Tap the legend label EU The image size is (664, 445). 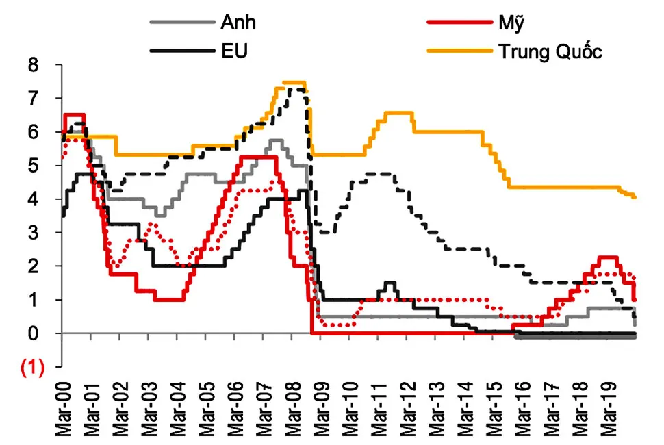click(x=234, y=51)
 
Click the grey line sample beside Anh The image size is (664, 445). click(x=179, y=22)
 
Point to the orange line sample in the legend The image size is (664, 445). click(x=455, y=51)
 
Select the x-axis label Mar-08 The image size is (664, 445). click(x=293, y=411)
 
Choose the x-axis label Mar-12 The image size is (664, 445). click(x=408, y=411)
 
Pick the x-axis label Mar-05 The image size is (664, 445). click(x=207, y=411)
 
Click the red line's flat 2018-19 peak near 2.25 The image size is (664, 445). click(x=609, y=258)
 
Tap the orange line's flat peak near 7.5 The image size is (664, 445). click(x=294, y=83)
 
